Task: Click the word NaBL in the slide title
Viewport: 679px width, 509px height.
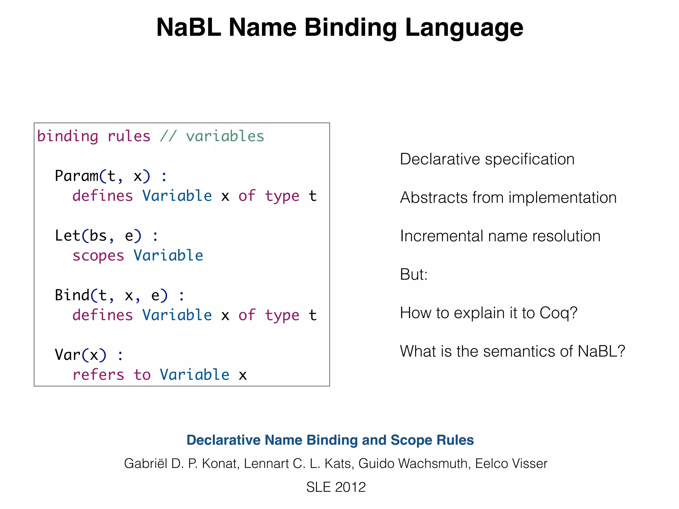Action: click(188, 28)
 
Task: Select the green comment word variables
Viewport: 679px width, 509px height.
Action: click(225, 136)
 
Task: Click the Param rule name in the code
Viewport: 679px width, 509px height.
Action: click(77, 176)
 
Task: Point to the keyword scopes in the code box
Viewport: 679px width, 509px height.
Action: click(98, 255)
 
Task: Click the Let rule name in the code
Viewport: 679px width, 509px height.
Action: click(67, 236)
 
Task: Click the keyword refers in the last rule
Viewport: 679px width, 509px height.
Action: click(98, 375)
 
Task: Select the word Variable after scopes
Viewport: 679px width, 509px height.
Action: click(168, 255)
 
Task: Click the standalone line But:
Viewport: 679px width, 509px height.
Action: click(413, 275)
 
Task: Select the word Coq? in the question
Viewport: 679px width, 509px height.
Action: click(558, 313)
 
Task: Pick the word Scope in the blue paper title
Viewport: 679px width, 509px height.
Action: click(411, 440)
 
